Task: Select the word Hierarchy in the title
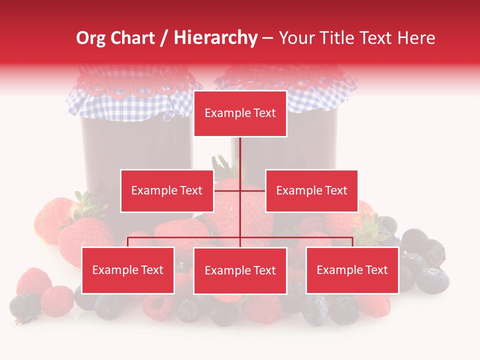click(215, 38)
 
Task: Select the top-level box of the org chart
click(240, 113)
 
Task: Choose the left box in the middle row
click(167, 190)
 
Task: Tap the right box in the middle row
click(311, 190)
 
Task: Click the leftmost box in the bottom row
click(127, 270)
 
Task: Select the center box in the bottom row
click(240, 270)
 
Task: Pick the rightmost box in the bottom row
click(352, 270)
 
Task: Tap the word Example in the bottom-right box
click(339, 270)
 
